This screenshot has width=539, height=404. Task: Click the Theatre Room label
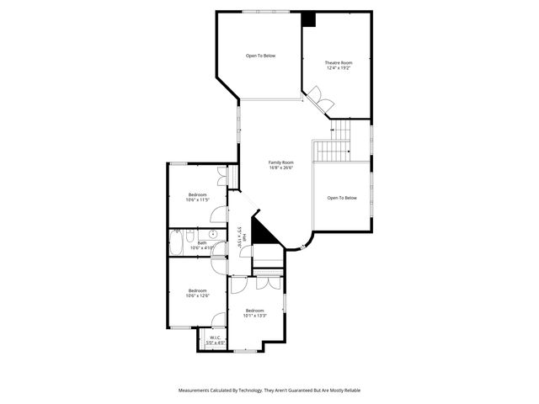point(339,62)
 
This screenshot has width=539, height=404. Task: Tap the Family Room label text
point(280,162)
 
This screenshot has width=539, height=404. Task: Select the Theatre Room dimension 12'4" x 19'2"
point(339,68)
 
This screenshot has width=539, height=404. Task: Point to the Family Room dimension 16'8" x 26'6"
point(280,167)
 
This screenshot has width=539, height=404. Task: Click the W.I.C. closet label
point(215,338)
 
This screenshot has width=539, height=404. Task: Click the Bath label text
point(202,242)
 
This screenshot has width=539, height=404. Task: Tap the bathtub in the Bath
point(176,243)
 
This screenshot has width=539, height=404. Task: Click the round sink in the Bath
point(213,235)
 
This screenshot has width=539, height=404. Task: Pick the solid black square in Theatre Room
point(308,19)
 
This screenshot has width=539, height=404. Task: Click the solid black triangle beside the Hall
point(262,232)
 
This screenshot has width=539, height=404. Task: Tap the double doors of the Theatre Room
point(320,98)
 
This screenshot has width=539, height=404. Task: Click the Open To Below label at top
point(260,56)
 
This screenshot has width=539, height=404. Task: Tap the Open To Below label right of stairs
point(342,198)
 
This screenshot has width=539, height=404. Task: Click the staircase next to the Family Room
point(334,143)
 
